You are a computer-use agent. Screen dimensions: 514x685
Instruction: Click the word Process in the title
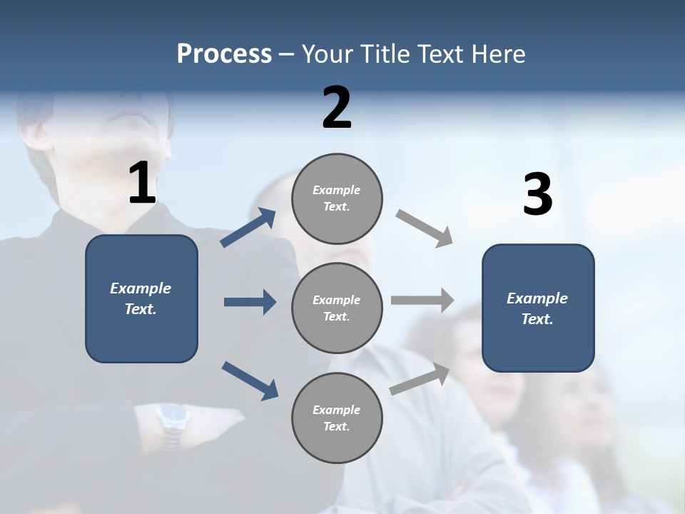coord(224,54)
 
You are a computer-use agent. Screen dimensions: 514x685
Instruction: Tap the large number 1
coord(142,183)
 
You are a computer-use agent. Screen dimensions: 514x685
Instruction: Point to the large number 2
coord(337,108)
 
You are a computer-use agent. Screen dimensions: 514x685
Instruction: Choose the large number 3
coord(538,195)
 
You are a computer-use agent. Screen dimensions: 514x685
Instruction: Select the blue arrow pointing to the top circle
coord(248,228)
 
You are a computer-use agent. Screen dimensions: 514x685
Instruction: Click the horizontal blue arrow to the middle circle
coord(250,302)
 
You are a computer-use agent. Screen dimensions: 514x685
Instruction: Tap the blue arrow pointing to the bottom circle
coord(250,381)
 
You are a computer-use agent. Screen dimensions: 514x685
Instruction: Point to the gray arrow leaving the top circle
coord(425,228)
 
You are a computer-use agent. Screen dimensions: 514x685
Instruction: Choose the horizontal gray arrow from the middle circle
coord(422,301)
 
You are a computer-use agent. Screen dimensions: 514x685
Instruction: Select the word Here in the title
coord(500,54)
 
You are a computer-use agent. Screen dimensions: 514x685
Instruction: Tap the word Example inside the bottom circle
coord(336,410)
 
